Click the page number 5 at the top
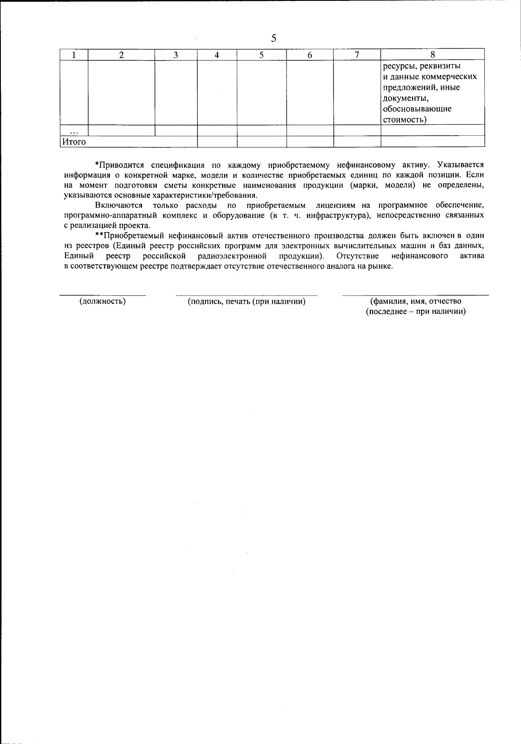tap(274, 38)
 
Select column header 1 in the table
tap(74, 55)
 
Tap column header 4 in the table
tap(217, 55)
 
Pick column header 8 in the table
tap(432, 54)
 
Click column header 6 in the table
tap(310, 55)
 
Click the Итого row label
tap(74, 142)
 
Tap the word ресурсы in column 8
tap(398, 66)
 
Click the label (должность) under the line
tap(102, 301)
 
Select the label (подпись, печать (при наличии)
tap(246, 301)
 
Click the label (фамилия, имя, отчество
tap(415, 301)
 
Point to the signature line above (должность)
tap(102, 295)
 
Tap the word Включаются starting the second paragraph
tap(119, 205)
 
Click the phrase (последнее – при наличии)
tap(415, 312)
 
